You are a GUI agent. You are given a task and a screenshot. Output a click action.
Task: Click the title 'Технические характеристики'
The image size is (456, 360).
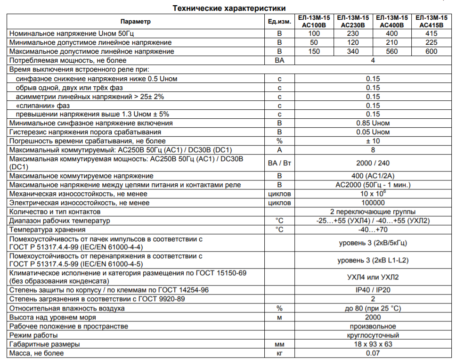228,8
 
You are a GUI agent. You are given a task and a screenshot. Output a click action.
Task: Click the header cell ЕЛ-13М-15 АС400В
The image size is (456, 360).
392,22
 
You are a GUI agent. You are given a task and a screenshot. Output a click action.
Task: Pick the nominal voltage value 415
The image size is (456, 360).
431,33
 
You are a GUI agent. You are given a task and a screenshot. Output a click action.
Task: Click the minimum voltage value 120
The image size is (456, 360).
352,42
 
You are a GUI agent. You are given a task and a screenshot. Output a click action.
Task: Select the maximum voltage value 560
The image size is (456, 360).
392,51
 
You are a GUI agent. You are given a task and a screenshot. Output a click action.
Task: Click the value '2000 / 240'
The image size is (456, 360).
373,163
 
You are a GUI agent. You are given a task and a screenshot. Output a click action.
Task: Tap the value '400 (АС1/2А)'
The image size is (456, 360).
373,176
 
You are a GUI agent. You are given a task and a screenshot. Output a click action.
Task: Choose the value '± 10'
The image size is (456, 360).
373,141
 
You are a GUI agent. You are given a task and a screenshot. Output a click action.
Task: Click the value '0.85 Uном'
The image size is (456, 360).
373,123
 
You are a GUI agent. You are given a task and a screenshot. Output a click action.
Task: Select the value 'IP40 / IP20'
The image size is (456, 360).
373,290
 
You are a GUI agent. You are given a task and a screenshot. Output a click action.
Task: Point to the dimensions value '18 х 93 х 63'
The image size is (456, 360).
373,344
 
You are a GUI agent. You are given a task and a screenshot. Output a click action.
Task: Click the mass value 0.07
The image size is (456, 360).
373,353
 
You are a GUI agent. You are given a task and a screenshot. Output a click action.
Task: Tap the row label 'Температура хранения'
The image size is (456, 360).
48,229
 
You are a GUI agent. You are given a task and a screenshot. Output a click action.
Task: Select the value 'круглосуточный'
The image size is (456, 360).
373,335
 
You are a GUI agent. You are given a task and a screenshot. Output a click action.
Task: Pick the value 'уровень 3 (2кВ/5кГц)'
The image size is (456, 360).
373,243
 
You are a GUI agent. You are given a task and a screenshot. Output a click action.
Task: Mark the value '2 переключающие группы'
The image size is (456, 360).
373,212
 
